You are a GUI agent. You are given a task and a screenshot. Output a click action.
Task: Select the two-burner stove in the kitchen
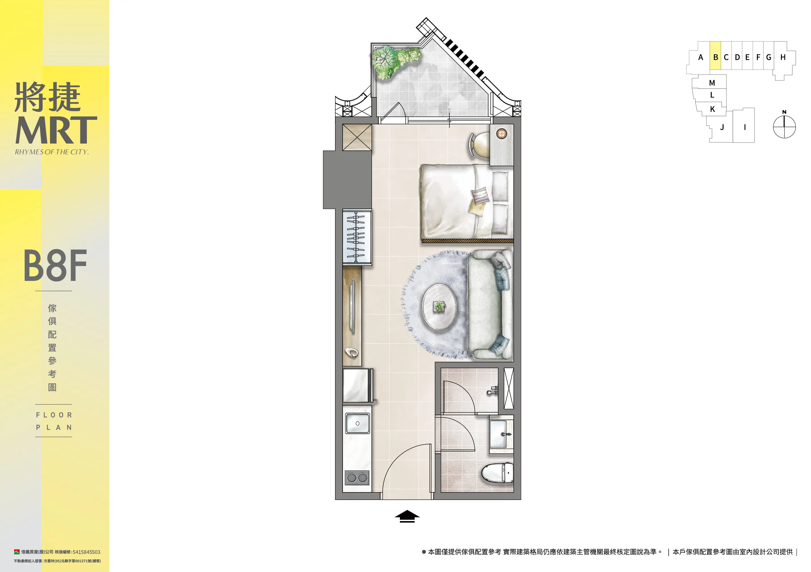click(357, 478)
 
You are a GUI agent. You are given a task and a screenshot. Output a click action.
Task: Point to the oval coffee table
click(439, 307)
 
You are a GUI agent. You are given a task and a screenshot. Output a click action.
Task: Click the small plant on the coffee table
click(438, 306)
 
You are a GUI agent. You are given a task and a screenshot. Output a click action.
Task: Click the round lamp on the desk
click(502, 133)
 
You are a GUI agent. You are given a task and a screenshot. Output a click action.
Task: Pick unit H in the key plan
click(783, 57)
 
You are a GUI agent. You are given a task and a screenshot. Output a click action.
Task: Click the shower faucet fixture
click(493, 390)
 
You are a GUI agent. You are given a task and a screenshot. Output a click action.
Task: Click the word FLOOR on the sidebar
click(54, 415)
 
